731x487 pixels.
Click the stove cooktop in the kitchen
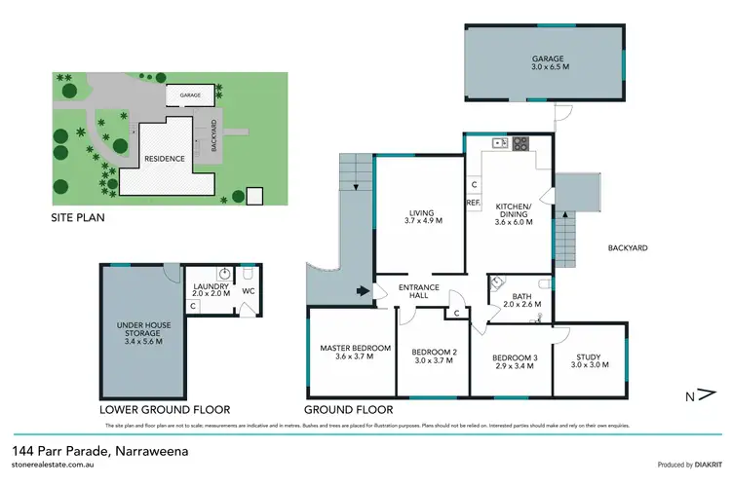519,144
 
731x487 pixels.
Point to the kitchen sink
498,144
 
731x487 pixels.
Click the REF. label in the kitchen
473,203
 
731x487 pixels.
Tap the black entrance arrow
364,289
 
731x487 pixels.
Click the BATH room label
519,298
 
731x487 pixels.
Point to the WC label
248,290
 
